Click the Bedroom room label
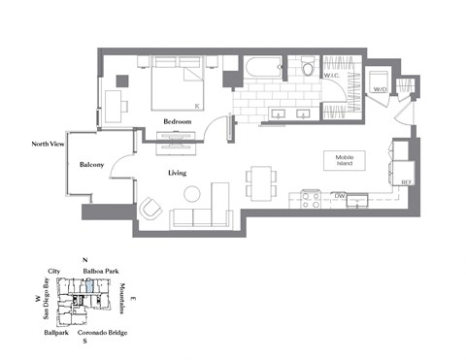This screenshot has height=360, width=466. pyautogui.click(x=177, y=121)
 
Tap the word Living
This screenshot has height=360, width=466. pyautogui.click(x=177, y=174)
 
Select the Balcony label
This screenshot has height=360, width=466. pyautogui.click(x=93, y=165)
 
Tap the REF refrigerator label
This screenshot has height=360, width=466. pyautogui.click(x=406, y=181)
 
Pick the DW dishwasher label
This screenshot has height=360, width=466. pyautogui.click(x=340, y=196)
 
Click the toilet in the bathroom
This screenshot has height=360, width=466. pyautogui.click(x=308, y=67)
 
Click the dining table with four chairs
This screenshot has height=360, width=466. pyautogui.click(x=258, y=180)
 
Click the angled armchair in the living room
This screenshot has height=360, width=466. pyautogui.click(x=151, y=208)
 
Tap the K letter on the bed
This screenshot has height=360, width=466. pyautogui.click(x=197, y=104)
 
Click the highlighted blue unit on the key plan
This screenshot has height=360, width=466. pyautogui.click(x=88, y=284)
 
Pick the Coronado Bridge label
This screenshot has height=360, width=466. pyautogui.click(x=107, y=333)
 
